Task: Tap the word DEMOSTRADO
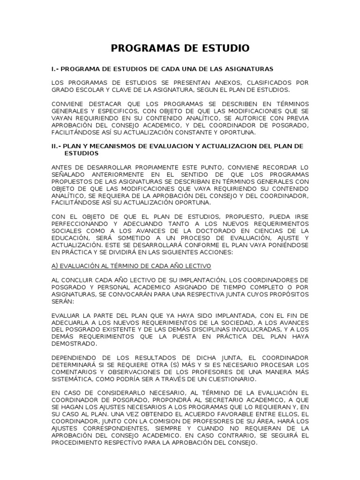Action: (75, 343)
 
